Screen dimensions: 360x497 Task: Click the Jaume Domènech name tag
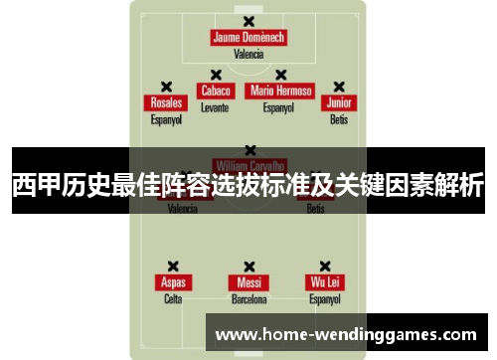pyautogui.click(x=248, y=38)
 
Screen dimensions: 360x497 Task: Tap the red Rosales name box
pyautogui.click(x=166, y=103)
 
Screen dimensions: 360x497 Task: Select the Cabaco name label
pyautogui.click(x=216, y=90)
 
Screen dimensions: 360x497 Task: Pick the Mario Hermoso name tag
pyautogui.click(x=281, y=90)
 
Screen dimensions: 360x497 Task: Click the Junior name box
pyautogui.click(x=339, y=103)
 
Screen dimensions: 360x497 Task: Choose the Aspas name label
pyautogui.click(x=173, y=282)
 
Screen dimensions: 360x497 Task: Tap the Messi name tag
pyautogui.click(x=248, y=282)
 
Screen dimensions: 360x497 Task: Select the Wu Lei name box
pyautogui.click(x=324, y=282)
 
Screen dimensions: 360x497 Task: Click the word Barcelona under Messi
pyautogui.click(x=248, y=298)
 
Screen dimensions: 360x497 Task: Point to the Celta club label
pyautogui.click(x=173, y=298)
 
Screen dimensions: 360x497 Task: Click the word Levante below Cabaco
pyautogui.click(x=215, y=106)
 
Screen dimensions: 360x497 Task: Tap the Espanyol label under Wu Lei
pyautogui.click(x=324, y=298)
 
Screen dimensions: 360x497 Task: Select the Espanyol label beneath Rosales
pyautogui.click(x=166, y=119)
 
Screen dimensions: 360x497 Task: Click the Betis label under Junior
pyautogui.click(x=339, y=119)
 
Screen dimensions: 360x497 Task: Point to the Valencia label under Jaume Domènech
pyautogui.click(x=248, y=54)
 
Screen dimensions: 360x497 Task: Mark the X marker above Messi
pyautogui.click(x=248, y=266)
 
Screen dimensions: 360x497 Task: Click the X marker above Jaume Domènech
pyautogui.click(x=248, y=21)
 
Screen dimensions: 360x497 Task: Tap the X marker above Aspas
pyautogui.click(x=173, y=266)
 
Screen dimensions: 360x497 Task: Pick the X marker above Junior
pyautogui.click(x=339, y=87)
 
